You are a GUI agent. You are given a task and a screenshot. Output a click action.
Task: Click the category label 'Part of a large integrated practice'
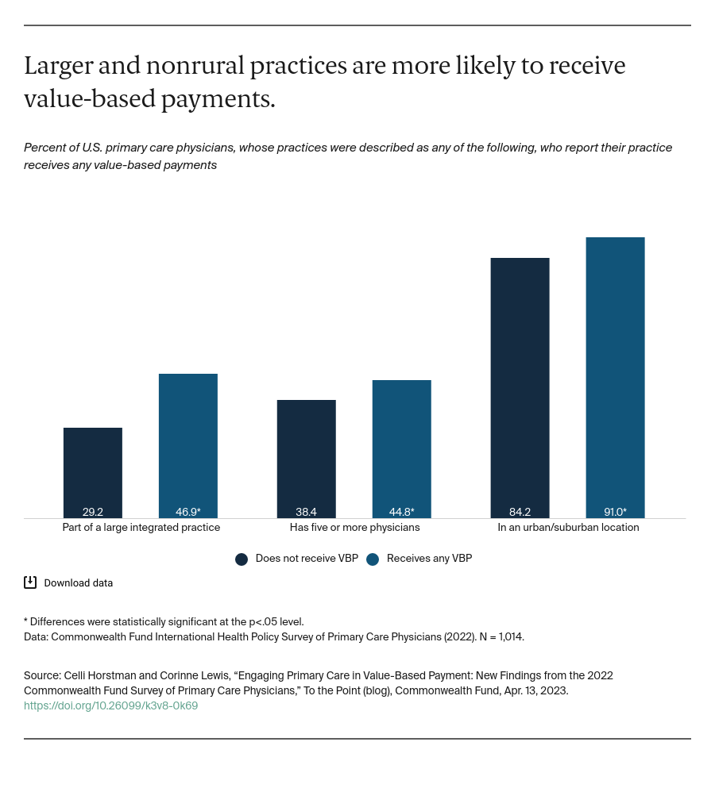point(141,527)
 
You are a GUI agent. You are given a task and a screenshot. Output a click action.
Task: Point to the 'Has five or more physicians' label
point(354,527)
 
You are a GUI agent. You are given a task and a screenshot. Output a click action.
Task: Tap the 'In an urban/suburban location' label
point(568,527)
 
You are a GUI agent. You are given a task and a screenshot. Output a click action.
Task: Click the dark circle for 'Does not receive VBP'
point(242,559)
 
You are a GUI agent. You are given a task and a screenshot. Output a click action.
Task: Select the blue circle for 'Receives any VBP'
point(373,559)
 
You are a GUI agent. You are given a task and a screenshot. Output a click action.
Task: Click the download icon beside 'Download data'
point(30,582)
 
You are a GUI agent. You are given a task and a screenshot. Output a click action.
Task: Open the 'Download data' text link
point(79,583)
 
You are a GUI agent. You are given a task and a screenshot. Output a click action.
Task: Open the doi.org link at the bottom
point(110,705)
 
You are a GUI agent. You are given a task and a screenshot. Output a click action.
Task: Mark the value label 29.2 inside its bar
point(93,512)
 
